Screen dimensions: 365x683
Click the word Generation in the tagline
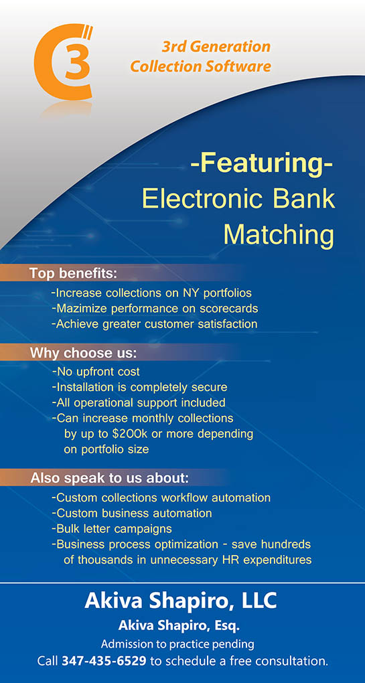pos(234,47)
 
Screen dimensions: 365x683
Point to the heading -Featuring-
pos(262,165)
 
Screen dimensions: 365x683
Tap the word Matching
pos(279,236)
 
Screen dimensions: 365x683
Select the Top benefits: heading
pos(73,274)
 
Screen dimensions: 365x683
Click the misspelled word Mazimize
pos(81,309)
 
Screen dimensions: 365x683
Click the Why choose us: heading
pos(83,354)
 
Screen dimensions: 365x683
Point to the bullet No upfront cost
pos(96,372)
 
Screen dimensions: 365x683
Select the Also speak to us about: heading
pos(109,478)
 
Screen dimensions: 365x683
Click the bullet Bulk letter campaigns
pos(111,529)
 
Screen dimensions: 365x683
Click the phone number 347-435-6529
pos(104,661)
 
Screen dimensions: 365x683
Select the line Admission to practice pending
pos(177,643)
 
